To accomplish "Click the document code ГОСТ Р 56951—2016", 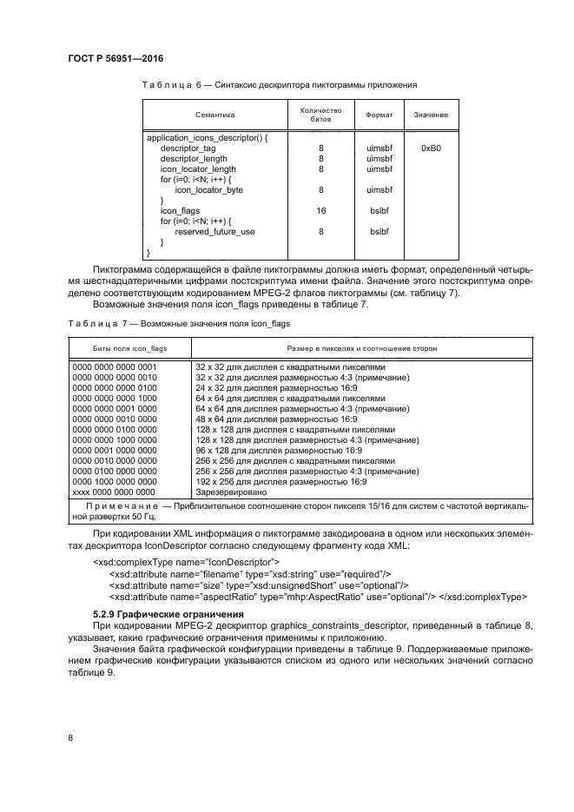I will tap(115, 58).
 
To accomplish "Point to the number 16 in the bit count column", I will tap(320, 211).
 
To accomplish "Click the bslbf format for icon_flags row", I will tap(379, 211).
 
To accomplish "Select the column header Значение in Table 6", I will tap(431, 115).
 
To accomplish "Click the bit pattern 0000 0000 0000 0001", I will tap(115, 366).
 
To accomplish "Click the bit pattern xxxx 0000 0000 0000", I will tap(115, 492).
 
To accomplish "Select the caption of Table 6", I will tap(280, 85).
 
